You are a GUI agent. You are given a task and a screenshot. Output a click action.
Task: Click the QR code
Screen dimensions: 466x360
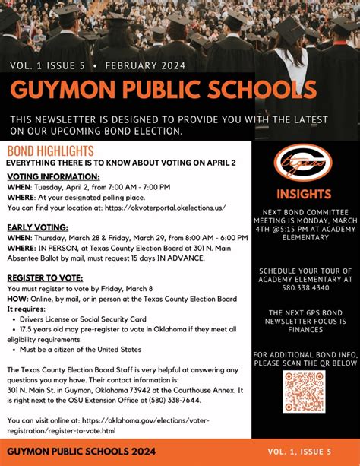[x=304, y=392]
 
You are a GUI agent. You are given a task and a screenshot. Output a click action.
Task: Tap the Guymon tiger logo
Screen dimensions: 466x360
[x=304, y=163]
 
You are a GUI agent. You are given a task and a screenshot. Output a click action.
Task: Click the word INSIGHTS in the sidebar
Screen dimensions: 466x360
[x=304, y=194]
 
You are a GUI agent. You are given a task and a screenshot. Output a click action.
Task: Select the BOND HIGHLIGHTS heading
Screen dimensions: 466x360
[x=50, y=151]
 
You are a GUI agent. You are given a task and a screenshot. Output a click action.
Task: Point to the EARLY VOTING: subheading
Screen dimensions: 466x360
[x=38, y=227]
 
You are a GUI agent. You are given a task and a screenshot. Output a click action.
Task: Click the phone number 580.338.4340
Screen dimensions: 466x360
[x=304, y=288]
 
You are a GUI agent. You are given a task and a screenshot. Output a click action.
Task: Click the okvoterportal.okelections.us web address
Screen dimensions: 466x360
[x=166, y=207]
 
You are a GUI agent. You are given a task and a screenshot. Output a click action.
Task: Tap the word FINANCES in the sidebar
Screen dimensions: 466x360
[x=304, y=331]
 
